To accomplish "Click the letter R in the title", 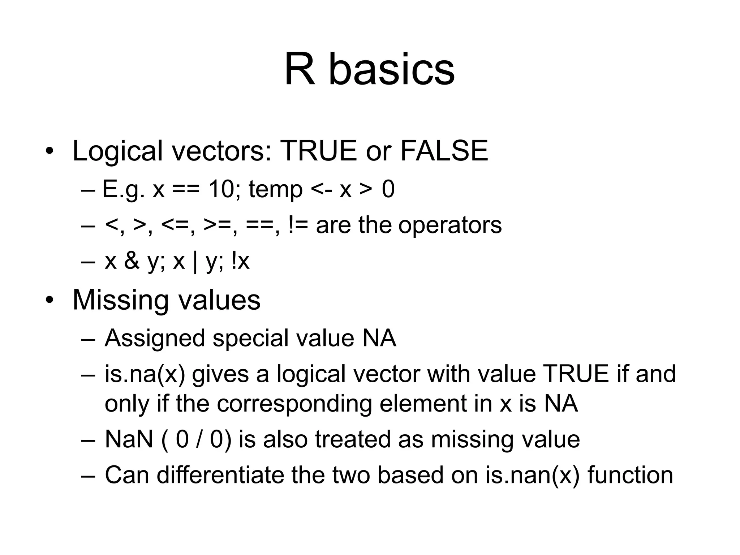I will (x=300, y=69).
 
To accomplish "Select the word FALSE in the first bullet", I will (x=444, y=151).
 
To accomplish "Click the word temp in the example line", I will (x=275, y=190).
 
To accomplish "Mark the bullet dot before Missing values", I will (x=49, y=300).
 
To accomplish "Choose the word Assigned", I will (x=154, y=339).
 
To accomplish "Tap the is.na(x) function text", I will (x=145, y=374).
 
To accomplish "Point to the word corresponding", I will (x=294, y=404).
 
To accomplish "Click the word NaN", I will (x=129, y=439).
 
